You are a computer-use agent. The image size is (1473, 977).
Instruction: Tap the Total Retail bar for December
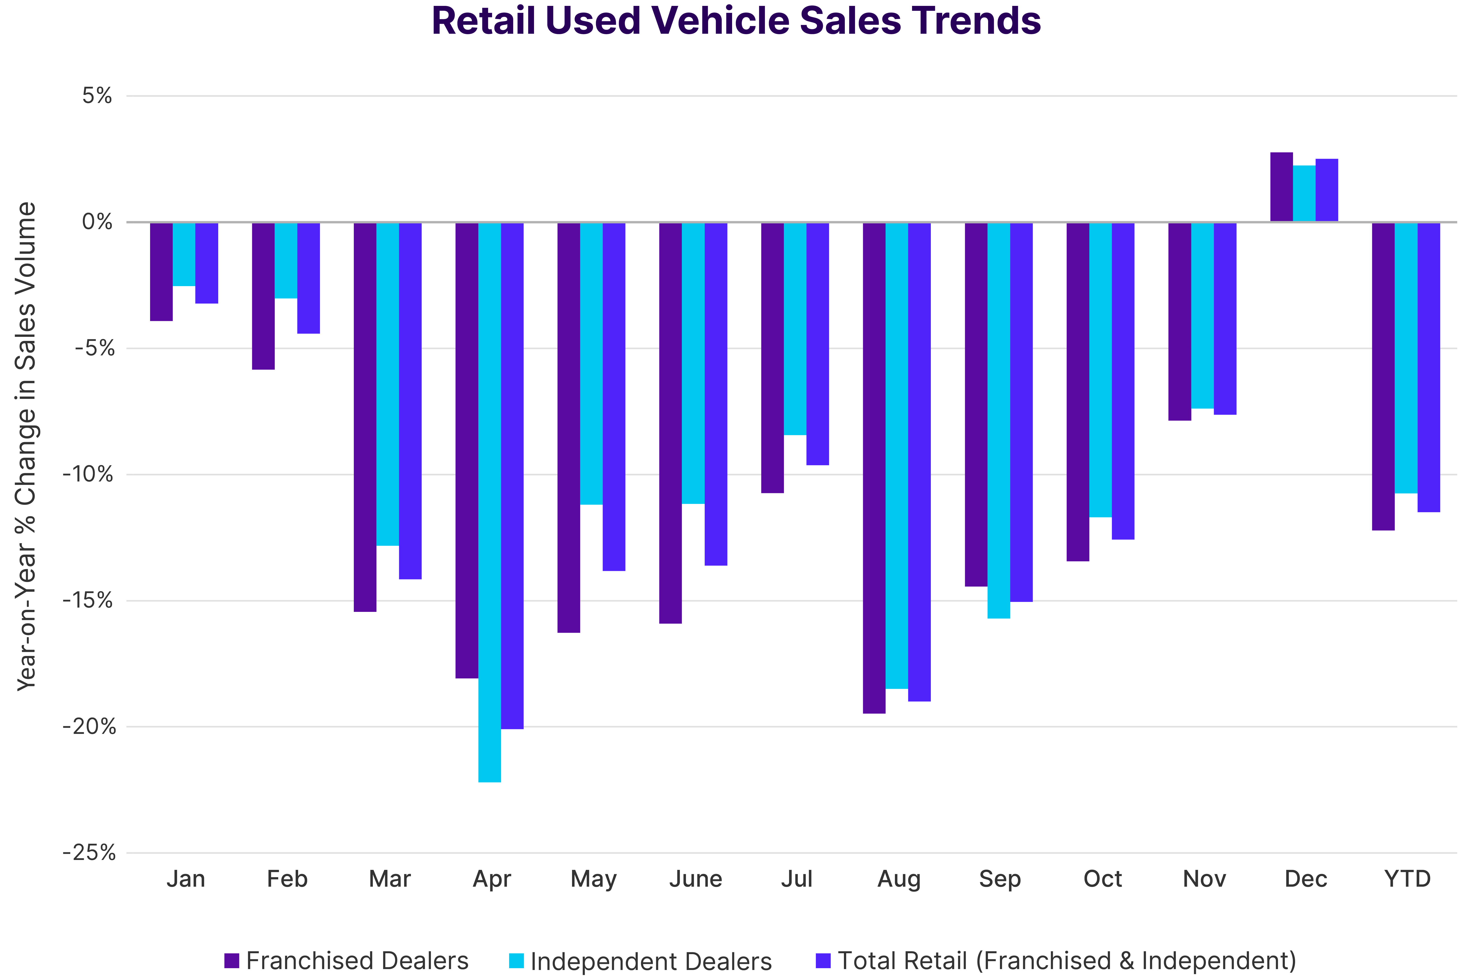click(1327, 190)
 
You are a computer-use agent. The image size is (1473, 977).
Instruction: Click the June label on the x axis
click(695, 879)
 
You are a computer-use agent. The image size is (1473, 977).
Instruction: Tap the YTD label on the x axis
click(1407, 879)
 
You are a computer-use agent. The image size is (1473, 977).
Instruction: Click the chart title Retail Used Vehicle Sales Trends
click(736, 21)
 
